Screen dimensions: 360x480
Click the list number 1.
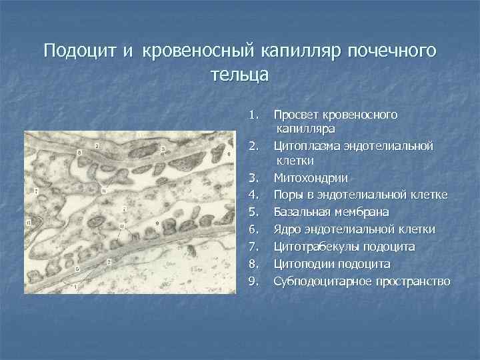pyautogui.click(x=252, y=115)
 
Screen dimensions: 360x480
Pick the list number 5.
pyautogui.click(x=252, y=212)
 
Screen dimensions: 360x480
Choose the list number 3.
pyautogui.click(x=252, y=178)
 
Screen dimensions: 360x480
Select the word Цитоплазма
pyautogui.click(x=306, y=145)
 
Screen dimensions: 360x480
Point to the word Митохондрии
pyautogui.click(x=310, y=178)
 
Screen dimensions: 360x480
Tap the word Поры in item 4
pyautogui.click(x=289, y=195)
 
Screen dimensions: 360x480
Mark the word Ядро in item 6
pyautogui.click(x=288, y=229)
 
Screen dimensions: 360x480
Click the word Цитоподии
pyautogui.click(x=304, y=263)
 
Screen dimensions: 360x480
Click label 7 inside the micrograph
pyautogui.click(x=37, y=191)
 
